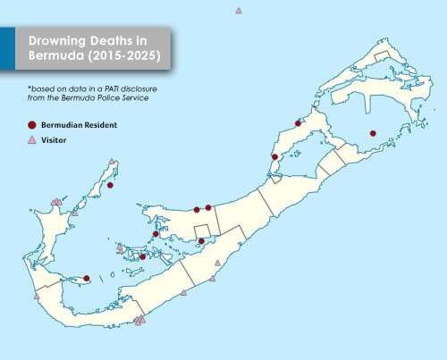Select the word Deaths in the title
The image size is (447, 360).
[x=120, y=41]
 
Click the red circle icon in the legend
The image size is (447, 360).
[x=32, y=125]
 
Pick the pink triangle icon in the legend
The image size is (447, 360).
[x=32, y=141]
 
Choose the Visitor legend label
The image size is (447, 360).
[x=55, y=141]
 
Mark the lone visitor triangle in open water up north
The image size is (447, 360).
[x=239, y=11]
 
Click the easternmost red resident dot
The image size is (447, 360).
[x=373, y=134]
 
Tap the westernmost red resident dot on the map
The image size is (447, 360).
[x=87, y=278]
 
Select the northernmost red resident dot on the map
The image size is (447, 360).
[x=298, y=123]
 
